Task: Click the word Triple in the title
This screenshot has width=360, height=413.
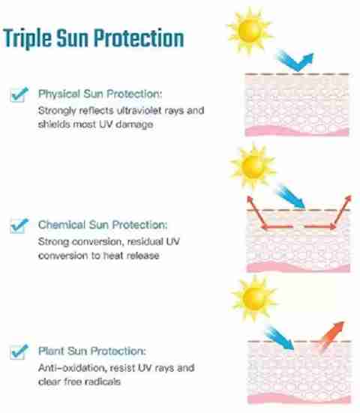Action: (x=28, y=38)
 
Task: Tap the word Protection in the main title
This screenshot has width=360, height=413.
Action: (x=139, y=38)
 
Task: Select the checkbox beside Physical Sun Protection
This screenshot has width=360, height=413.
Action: (x=19, y=94)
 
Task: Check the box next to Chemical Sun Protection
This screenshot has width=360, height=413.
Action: (x=19, y=226)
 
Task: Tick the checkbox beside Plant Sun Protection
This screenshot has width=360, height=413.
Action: (x=19, y=352)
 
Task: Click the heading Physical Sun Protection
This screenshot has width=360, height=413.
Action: (x=100, y=94)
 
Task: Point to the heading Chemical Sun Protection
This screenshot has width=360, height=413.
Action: (x=103, y=225)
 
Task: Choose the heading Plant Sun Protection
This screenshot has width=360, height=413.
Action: (x=92, y=351)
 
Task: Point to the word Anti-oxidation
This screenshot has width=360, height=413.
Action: (x=73, y=367)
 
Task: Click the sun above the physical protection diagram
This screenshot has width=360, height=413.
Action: (x=249, y=31)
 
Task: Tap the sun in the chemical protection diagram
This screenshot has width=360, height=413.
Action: (x=253, y=167)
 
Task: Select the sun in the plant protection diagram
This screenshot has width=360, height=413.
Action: (x=254, y=298)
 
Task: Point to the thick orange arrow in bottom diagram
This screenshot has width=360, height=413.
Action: (x=331, y=336)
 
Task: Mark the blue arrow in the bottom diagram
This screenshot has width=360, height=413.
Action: (x=280, y=338)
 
